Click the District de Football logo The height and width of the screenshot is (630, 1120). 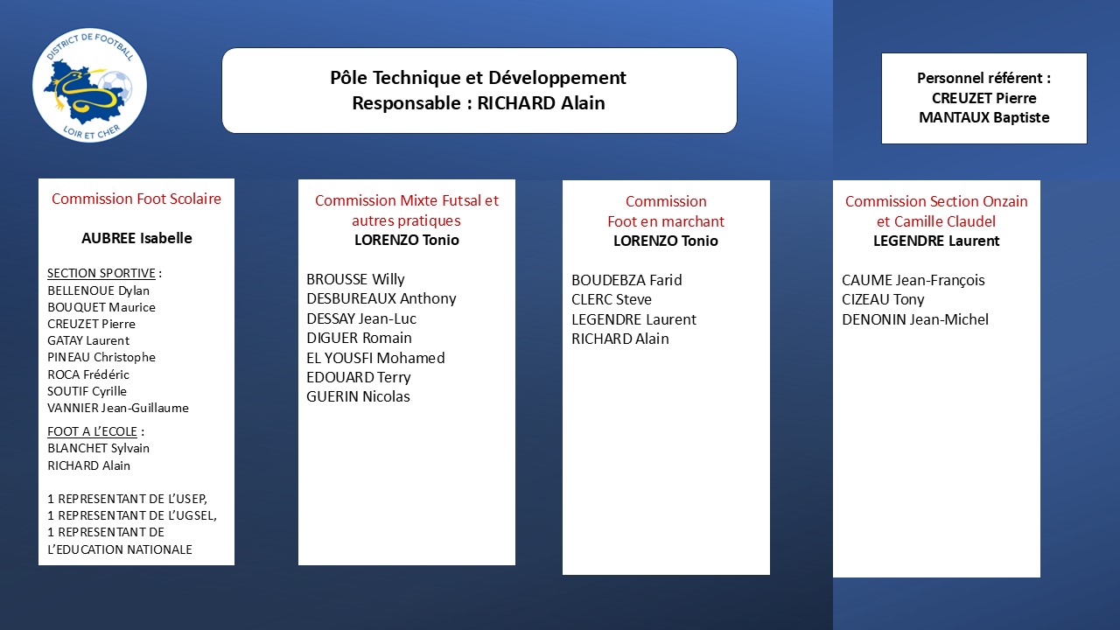tap(89, 85)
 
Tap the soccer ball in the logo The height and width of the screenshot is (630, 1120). tap(115, 87)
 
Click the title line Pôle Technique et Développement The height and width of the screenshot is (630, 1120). tap(478, 78)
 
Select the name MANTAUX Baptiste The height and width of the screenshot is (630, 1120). tap(984, 117)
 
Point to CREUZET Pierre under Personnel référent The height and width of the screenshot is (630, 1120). tap(984, 98)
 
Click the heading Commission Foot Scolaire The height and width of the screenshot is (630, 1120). tap(136, 199)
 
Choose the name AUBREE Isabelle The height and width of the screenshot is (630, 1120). tap(136, 238)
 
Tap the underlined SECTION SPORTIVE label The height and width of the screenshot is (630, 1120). tap(101, 273)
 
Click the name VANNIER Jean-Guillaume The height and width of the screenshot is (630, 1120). tap(118, 408)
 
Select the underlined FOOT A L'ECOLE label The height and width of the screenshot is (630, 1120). tap(92, 431)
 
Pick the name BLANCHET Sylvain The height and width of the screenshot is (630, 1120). tap(99, 448)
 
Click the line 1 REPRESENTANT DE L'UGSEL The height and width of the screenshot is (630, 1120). tap(132, 515)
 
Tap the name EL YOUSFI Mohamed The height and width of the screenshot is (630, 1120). tap(375, 358)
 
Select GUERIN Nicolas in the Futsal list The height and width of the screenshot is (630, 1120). tap(358, 396)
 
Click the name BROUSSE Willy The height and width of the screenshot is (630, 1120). tap(355, 279)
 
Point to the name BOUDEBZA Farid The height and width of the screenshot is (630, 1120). tap(626, 280)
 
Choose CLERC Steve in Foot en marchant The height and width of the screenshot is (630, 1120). tap(612, 299)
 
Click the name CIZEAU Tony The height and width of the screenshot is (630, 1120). tap(883, 299)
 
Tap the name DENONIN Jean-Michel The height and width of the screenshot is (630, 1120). tap(915, 319)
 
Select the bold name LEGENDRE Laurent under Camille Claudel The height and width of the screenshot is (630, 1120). tap(936, 241)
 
